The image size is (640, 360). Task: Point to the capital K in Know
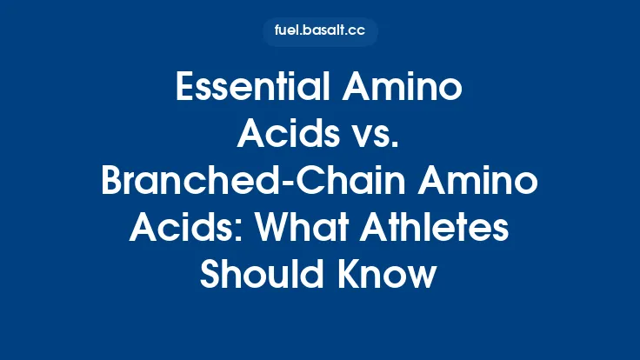coord(343,277)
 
